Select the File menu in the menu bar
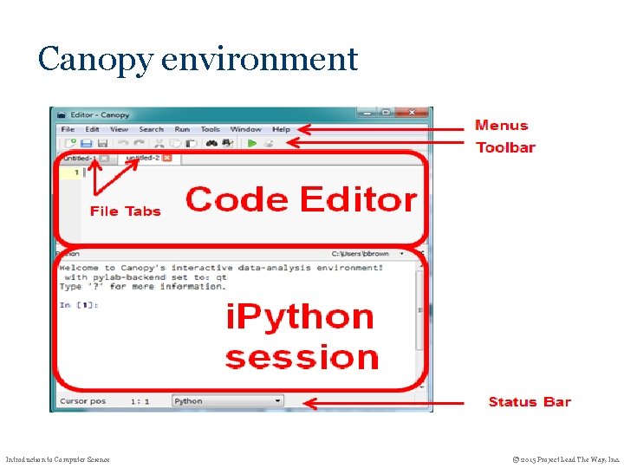(68, 130)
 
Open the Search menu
(151, 130)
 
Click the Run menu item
(182, 130)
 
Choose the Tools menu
(211, 130)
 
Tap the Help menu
(282, 130)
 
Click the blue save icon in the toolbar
(87, 143)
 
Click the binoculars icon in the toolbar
(212, 143)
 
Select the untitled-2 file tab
(142, 158)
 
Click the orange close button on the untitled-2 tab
(167, 158)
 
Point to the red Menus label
(501, 126)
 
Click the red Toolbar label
(505, 147)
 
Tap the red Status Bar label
(530, 401)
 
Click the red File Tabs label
(125, 211)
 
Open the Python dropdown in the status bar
(227, 401)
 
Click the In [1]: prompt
(79, 305)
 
